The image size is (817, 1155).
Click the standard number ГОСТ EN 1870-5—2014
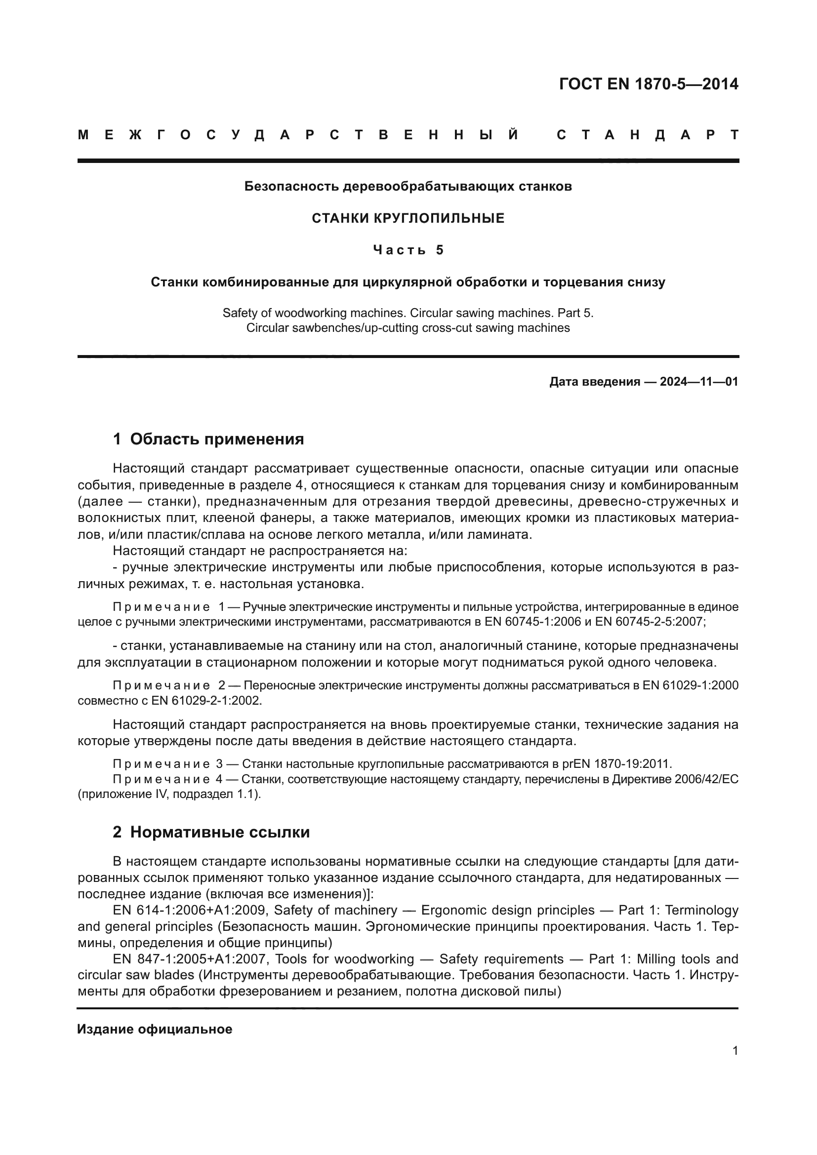pos(649,84)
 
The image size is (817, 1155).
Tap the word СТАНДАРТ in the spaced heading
pos(648,135)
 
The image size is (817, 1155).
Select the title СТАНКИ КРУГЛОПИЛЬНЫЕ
pos(408,218)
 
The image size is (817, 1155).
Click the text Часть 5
pos(408,250)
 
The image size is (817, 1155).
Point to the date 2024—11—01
pos(699,382)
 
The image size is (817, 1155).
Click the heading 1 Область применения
pos(208,439)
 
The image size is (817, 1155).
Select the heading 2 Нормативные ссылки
pos(211,832)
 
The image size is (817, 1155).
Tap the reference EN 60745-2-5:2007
pos(650,622)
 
